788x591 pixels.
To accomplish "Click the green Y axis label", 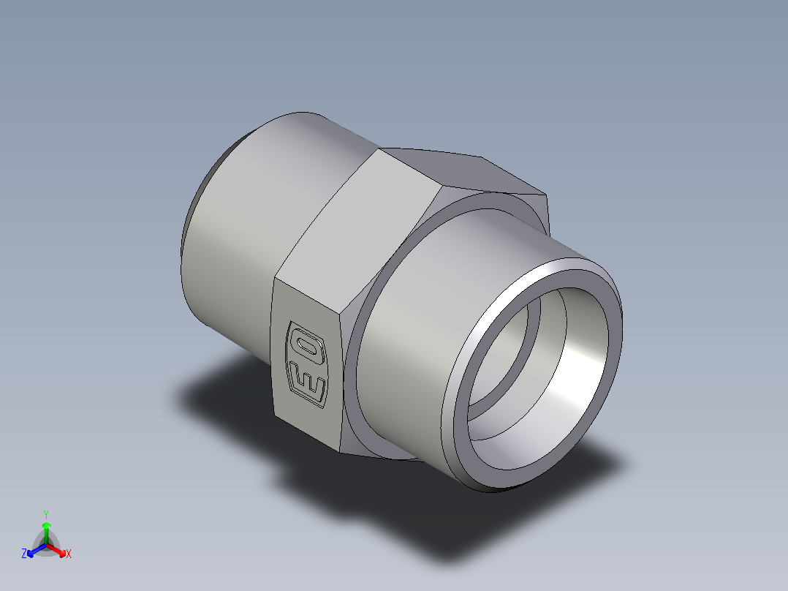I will pos(45,513).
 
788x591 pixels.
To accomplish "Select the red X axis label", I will pos(69,554).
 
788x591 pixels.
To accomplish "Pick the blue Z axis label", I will pos(24,554).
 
